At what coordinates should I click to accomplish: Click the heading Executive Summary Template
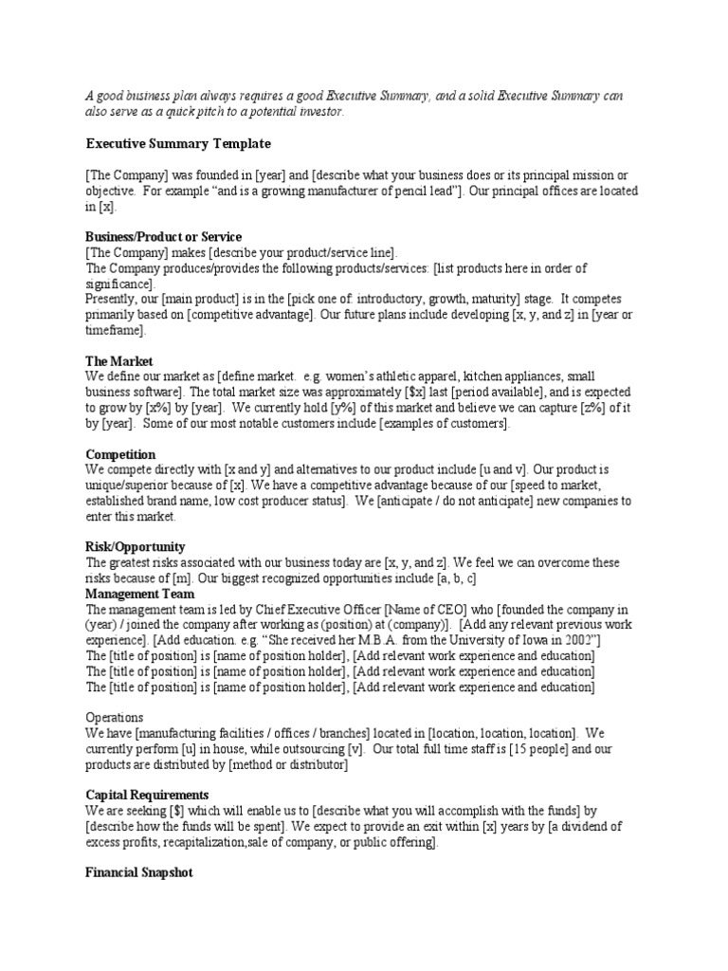[x=178, y=143]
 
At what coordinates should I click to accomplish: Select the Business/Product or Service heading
[x=164, y=236]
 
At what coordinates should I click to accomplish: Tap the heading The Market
[x=119, y=361]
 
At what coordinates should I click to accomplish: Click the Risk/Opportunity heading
[x=136, y=547]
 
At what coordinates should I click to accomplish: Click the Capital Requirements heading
[x=147, y=794]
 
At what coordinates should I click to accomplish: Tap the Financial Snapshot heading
[x=139, y=871]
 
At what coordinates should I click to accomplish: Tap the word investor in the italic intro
[x=323, y=112]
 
